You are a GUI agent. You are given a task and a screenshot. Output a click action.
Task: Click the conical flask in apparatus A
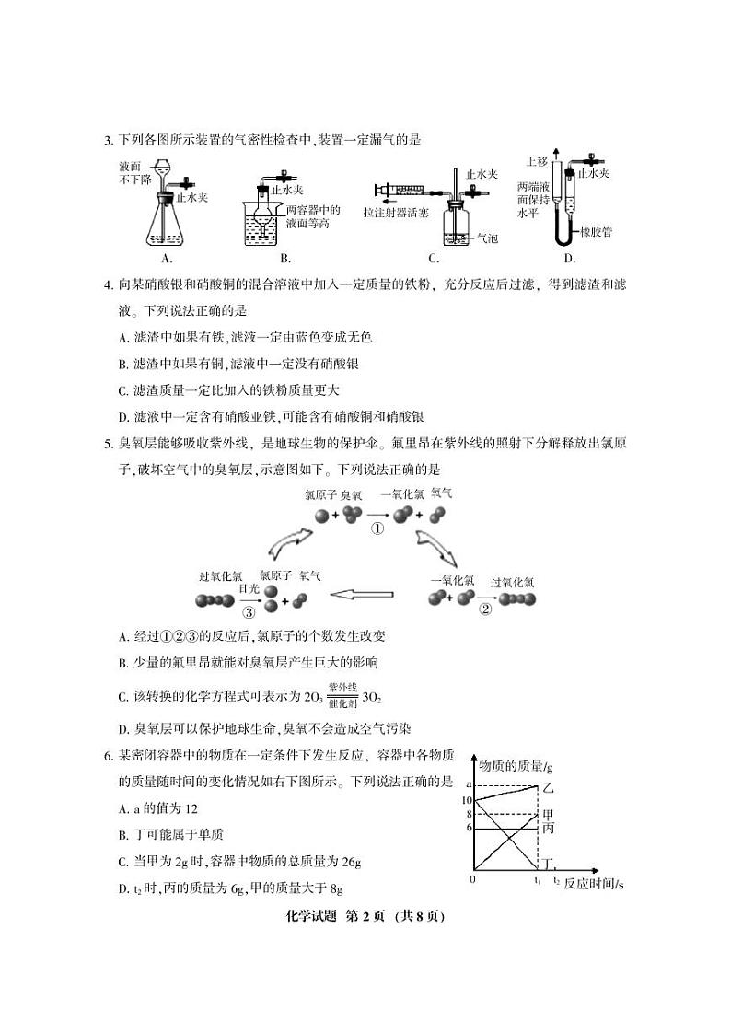coord(165,226)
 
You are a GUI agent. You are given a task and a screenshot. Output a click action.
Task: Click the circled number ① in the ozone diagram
coord(377,529)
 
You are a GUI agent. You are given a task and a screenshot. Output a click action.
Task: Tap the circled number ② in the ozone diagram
coord(486,608)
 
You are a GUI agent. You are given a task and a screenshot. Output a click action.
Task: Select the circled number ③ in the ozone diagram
coord(249,610)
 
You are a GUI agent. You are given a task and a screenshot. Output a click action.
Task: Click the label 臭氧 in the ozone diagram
coord(353,495)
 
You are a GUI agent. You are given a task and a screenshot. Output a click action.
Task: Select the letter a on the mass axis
coord(469,783)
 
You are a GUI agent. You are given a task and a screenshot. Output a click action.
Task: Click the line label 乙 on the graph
coord(550,788)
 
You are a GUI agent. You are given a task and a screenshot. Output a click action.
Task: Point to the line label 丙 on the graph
coord(548,829)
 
